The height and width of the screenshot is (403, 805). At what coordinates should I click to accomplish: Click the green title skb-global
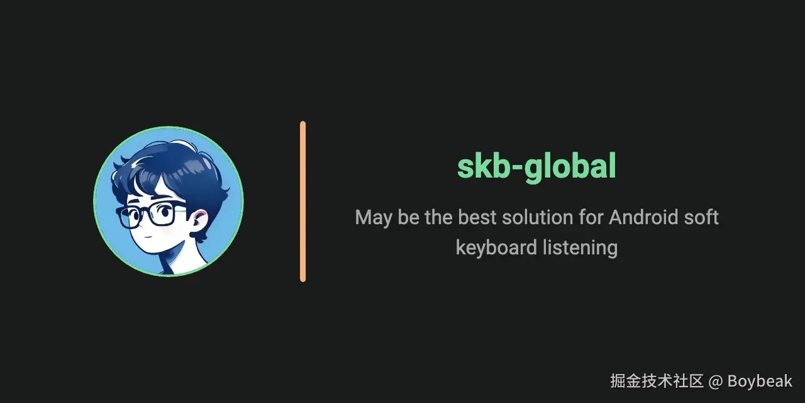click(x=536, y=167)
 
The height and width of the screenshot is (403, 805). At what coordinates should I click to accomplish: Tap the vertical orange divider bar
click(x=303, y=201)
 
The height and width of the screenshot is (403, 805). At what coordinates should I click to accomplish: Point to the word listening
click(x=580, y=247)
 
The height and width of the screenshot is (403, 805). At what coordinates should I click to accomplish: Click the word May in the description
click(x=373, y=218)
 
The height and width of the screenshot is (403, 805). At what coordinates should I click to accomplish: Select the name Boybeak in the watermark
click(x=760, y=381)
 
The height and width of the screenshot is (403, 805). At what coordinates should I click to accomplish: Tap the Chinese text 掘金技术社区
click(x=657, y=381)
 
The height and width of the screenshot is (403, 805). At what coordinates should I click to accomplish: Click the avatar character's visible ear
click(x=199, y=220)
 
